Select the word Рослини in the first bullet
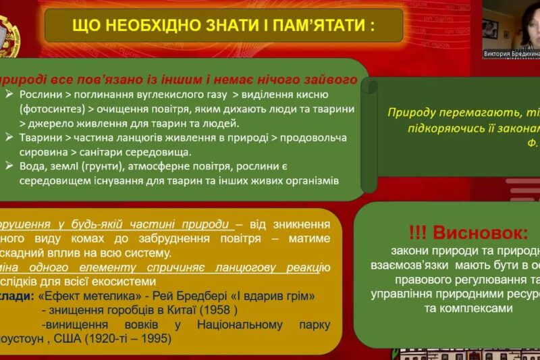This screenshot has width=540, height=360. [43, 94]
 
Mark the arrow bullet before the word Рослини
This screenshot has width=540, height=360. [9, 94]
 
